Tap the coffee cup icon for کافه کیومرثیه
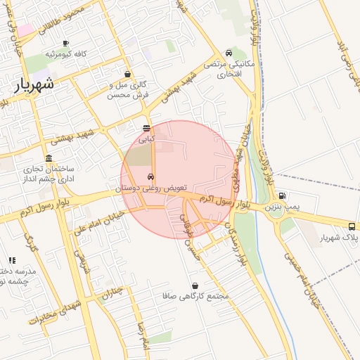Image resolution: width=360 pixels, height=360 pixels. tap(65, 43)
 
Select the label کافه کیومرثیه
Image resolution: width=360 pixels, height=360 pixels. tap(65, 54)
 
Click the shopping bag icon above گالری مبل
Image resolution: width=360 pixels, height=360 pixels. tap(127, 74)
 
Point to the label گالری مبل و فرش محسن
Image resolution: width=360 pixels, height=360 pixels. tap(126, 89)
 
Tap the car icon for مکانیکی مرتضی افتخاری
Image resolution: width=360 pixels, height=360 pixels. tap(229, 53)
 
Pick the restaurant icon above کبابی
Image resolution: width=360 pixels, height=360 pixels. tap(146, 129)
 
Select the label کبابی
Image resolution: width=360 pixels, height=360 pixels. tap(146, 139)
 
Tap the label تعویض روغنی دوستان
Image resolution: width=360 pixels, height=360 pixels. tap(150, 188)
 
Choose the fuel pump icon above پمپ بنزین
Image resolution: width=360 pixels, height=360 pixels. tap(282, 196)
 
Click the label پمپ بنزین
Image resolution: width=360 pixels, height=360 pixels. tap(282, 207)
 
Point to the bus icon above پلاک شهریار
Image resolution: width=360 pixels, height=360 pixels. tap(352, 226)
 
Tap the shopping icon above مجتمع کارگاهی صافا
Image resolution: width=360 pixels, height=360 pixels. tap(194, 285)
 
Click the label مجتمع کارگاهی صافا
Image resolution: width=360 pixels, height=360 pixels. tap(194, 297)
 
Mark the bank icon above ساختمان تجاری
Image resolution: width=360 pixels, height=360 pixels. tap(49, 158)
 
